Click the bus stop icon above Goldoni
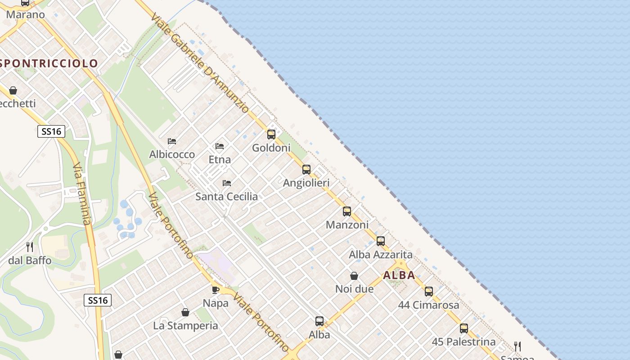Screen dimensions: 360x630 click(271, 134)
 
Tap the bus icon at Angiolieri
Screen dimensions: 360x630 click(306, 170)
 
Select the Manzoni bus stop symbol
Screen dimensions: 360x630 click(346, 211)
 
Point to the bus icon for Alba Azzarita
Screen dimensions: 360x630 click(381, 241)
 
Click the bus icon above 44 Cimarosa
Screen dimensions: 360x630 click(429, 292)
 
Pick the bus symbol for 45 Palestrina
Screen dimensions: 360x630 click(464, 328)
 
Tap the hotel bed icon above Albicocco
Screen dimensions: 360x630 click(172, 141)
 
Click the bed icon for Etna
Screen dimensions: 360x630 click(220, 146)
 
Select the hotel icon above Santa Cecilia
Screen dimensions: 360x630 click(227, 183)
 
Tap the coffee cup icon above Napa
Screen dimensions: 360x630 click(216, 290)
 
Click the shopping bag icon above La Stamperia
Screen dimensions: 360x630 click(185, 312)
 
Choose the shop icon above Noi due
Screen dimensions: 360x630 click(354, 276)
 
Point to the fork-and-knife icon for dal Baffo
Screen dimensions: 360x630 click(30, 247)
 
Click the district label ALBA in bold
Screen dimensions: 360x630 click(399, 275)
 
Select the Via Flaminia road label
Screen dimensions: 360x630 click(82, 193)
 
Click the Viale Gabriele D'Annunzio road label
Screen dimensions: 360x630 click(200, 63)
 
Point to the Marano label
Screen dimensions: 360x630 click(26, 14)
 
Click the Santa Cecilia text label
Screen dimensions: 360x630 click(227, 197)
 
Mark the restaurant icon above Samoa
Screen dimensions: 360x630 click(517, 346)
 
